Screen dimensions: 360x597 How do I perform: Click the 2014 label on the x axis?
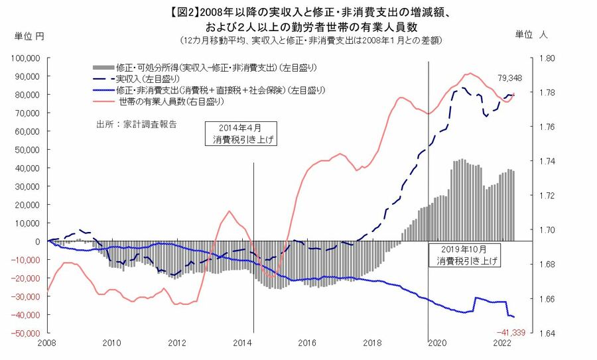pos(241,343)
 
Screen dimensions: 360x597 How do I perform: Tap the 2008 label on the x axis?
pos(46,343)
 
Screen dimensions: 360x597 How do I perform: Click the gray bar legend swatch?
pos(103,68)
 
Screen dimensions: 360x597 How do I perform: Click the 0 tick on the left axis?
pos(41,241)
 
